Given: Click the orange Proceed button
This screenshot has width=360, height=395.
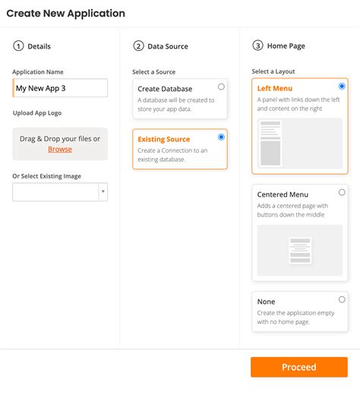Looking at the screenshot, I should pyautogui.click(x=298, y=367).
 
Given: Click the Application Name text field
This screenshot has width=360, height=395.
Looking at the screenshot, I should pyautogui.click(x=60, y=88).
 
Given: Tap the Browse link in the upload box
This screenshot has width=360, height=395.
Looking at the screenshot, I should pyautogui.click(x=60, y=149).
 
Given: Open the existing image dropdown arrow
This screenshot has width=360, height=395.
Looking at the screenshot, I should pyautogui.click(x=103, y=192).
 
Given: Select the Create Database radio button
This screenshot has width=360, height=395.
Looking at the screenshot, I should pyautogui.click(x=221, y=87).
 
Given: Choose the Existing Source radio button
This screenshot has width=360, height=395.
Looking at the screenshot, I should pyautogui.click(x=221, y=137).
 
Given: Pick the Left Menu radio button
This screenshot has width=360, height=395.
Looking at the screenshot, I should pyautogui.click(x=342, y=87).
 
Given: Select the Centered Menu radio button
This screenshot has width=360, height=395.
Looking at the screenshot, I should pyautogui.click(x=342, y=192).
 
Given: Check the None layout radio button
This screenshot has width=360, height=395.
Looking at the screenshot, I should pyautogui.click(x=342, y=299).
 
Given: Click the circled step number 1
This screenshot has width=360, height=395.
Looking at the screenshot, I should pyautogui.click(x=18, y=46).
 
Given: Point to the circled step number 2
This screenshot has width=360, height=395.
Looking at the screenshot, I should pyautogui.click(x=138, y=46).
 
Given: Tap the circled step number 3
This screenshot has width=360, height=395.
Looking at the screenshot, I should pyautogui.click(x=258, y=46).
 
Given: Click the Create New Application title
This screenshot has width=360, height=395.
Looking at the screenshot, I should pyautogui.click(x=66, y=14).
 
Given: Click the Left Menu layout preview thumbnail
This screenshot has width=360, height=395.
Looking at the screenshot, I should pyautogui.click(x=300, y=143).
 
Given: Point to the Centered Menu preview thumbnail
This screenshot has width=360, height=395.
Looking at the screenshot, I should pyautogui.click(x=300, y=250).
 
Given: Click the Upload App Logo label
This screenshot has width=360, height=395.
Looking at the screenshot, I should pyautogui.click(x=38, y=112).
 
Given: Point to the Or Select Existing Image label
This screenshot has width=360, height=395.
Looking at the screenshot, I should pyautogui.click(x=46, y=176).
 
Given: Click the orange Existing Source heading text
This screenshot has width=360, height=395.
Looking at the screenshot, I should pyautogui.click(x=164, y=139).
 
